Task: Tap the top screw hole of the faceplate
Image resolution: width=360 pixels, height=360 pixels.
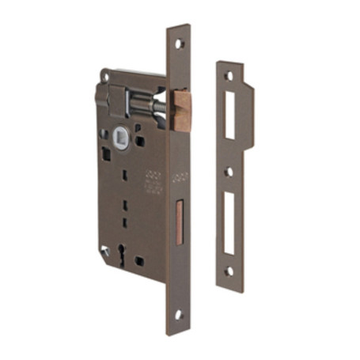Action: point(179,44)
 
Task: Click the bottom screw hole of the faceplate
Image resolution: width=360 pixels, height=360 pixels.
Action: point(178,314)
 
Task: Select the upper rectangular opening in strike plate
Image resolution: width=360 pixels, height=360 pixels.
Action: point(229,115)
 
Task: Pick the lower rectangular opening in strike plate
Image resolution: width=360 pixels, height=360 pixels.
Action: point(229,224)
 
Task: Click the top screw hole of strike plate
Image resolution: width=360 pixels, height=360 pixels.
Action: point(229,76)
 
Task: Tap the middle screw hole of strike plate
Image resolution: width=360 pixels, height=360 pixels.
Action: point(229,171)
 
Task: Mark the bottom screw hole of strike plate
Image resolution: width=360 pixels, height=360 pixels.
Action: point(229,271)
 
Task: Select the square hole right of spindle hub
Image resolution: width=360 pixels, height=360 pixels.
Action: point(140,141)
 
